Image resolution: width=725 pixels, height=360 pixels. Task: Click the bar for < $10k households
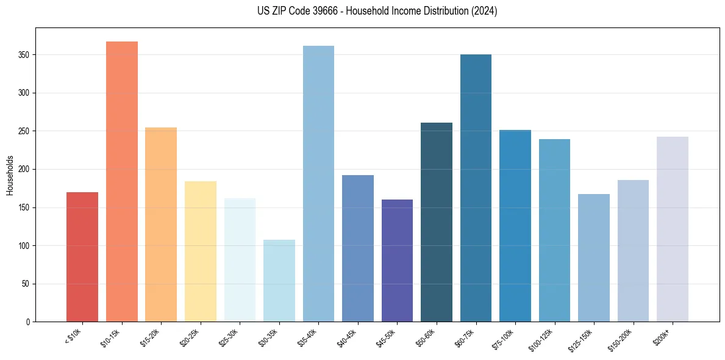click(x=82, y=257)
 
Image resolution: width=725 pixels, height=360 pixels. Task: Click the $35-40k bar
click(x=318, y=184)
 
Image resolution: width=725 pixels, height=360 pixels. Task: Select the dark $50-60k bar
click(x=437, y=222)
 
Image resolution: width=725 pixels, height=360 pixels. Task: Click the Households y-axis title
click(x=10, y=175)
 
